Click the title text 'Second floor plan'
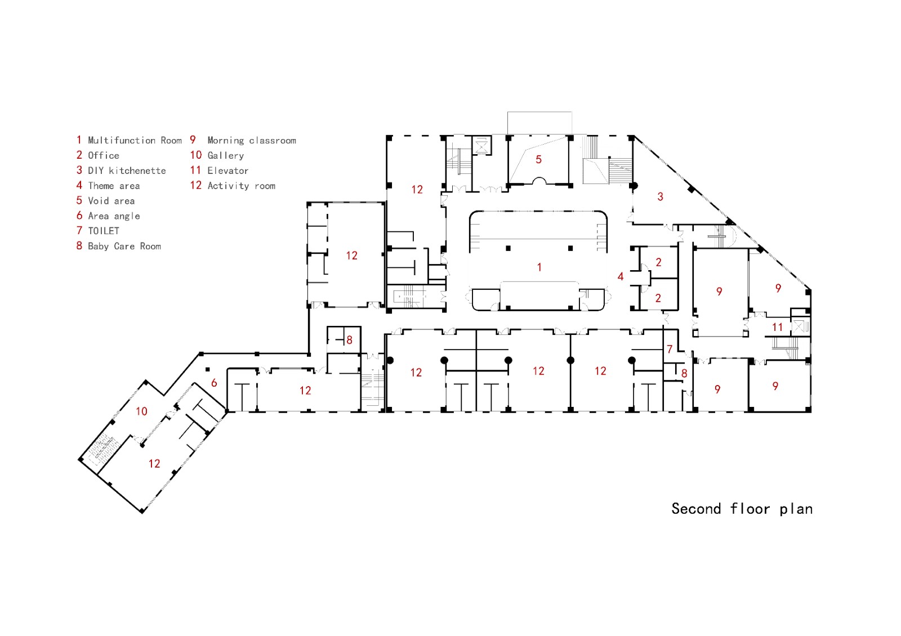coord(742,509)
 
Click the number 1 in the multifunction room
coord(539,267)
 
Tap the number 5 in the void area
coord(538,160)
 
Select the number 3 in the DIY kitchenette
coord(661,197)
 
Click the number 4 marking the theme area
coord(621,277)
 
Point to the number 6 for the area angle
coord(214,383)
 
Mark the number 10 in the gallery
coord(141,411)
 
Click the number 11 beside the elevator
coord(778,327)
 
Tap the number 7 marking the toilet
coord(670,350)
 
